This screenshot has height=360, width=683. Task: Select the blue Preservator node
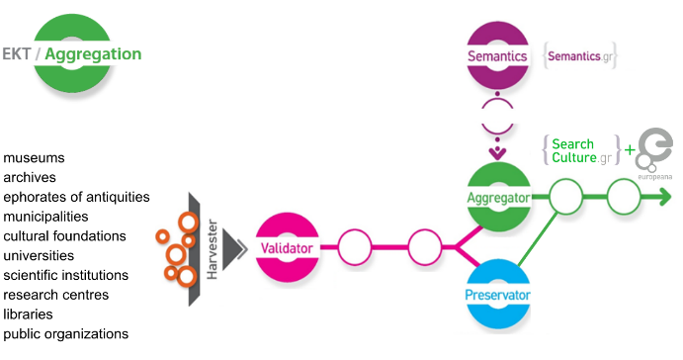(x=498, y=295)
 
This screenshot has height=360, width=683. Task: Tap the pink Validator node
(x=288, y=245)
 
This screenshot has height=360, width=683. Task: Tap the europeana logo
(x=653, y=153)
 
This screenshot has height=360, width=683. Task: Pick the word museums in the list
(x=35, y=158)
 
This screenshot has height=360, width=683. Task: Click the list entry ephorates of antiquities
(x=76, y=197)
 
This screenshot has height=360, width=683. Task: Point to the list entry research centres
(x=55, y=295)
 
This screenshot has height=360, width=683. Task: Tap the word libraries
(x=31, y=315)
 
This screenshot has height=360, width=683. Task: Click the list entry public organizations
(x=66, y=334)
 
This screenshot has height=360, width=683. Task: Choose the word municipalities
(x=46, y=217)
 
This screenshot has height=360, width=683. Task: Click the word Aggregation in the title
(x=94, y=54)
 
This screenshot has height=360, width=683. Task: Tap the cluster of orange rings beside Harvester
(x=177, y=247)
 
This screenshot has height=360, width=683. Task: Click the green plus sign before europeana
(x=630, y=151)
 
